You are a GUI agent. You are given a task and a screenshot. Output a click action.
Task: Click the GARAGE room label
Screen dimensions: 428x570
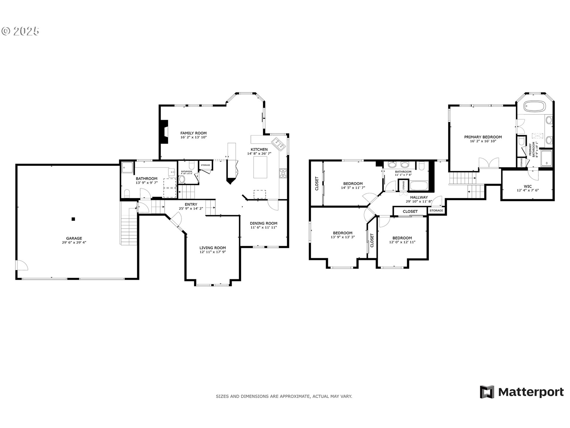[x=74, y=238]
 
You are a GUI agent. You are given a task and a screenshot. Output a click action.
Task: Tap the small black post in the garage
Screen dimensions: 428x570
[x=73, y=219]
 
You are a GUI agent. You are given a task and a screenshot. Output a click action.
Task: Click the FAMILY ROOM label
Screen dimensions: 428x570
[x=193, y=133]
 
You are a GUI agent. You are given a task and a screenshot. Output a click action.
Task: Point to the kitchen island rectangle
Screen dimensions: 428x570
[x=260, y=167]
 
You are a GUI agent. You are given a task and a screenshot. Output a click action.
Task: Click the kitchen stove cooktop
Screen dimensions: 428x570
[x=283, y=173]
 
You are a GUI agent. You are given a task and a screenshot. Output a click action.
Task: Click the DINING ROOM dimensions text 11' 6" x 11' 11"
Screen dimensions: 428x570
[x=263, y=227]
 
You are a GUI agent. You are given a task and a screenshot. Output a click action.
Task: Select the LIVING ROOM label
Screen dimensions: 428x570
[x=213, y=248]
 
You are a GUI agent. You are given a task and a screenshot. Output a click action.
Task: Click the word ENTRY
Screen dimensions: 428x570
[x=191, y=204]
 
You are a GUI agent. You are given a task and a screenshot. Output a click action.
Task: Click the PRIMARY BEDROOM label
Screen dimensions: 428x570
[x=483, y=137]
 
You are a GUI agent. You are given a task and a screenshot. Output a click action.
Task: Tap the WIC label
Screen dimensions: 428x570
[x=528, y=186]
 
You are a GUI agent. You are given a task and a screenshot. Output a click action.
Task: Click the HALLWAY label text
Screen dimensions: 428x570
[x=419, y=197]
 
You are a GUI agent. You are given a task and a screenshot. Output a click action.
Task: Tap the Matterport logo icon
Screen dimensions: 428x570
[x=487, y=392]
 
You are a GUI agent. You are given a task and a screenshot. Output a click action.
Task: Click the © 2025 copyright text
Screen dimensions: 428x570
[x=21, y=31]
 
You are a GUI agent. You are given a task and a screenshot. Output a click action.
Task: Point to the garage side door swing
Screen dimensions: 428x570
[x=21, y=265]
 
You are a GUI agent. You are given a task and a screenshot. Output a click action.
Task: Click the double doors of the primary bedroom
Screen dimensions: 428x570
[x=489, y=163]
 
